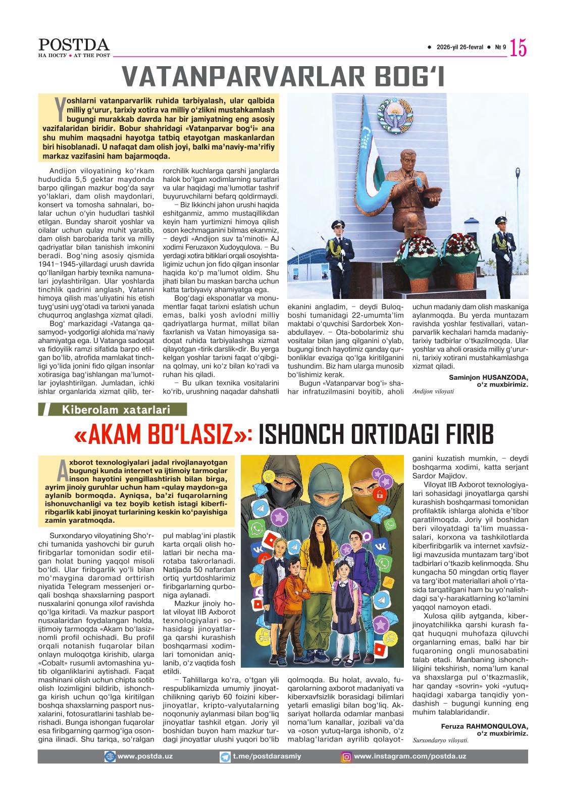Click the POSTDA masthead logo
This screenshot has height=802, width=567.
point(74,45)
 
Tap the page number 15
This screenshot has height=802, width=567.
point(519,48)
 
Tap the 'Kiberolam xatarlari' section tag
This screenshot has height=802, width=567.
point(116,410)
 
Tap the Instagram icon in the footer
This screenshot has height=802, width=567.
point(347,757)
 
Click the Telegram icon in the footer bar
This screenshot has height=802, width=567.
point(225,757)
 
